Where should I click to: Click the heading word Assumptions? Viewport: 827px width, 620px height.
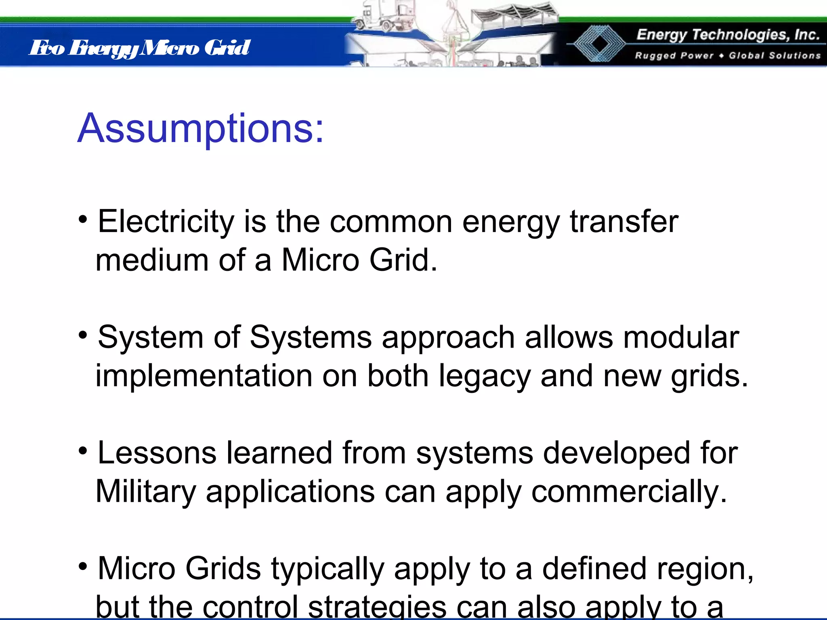coord(200,128)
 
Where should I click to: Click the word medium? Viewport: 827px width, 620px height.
coord(152,260)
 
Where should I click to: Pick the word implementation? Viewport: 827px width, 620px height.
coord(204,376)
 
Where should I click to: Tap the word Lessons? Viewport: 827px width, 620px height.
coord(157,453)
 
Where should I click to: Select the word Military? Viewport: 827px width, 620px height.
coord(146,492)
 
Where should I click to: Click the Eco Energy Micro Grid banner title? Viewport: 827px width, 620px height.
coord(140,48)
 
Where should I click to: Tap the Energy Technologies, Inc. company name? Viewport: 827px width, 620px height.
coord(728,35)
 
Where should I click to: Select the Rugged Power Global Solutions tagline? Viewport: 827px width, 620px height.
coord(728,55)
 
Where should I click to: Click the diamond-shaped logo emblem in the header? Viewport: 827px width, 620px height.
coord(598,44)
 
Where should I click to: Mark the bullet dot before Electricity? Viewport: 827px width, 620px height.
coord(83,219)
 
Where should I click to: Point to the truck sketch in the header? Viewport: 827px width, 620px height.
coord(382,16)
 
